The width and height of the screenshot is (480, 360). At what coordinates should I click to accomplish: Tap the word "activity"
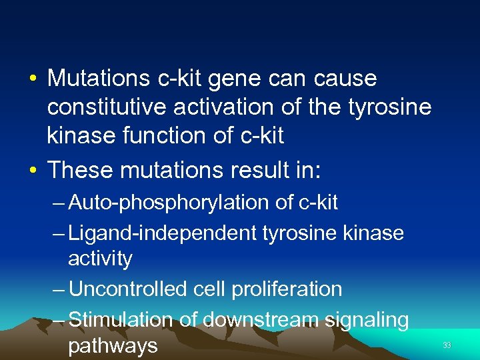(100, 259)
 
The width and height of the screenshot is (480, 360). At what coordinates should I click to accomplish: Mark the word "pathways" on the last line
(113, 347)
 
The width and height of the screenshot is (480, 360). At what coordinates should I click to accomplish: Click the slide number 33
(447, 345)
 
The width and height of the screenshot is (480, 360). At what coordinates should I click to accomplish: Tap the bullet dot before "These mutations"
(32, 171)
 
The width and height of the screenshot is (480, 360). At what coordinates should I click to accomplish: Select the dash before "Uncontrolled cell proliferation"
(58, 289)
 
